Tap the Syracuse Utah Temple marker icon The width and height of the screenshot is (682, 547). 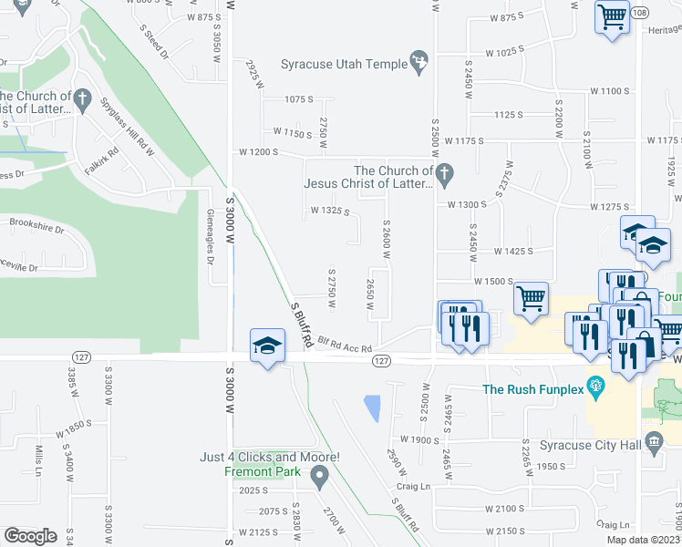[x=418, y=61]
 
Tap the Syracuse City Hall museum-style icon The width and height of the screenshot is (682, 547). [x=653, y=443]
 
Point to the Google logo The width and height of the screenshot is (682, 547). [x=30, y=536]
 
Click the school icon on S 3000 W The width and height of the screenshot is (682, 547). [x=268, y=346]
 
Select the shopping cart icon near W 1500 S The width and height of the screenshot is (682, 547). [x=530, y=296]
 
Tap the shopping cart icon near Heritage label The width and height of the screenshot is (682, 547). [x=613, y=15]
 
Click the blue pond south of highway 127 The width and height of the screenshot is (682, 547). [x=372, y=408]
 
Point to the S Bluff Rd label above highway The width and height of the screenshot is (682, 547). [x=302, y=325]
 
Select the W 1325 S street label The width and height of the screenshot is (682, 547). [x=330, y=211]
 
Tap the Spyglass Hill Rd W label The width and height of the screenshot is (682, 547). [x=127, y=122]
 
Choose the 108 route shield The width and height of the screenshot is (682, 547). [x=640, y=13]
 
